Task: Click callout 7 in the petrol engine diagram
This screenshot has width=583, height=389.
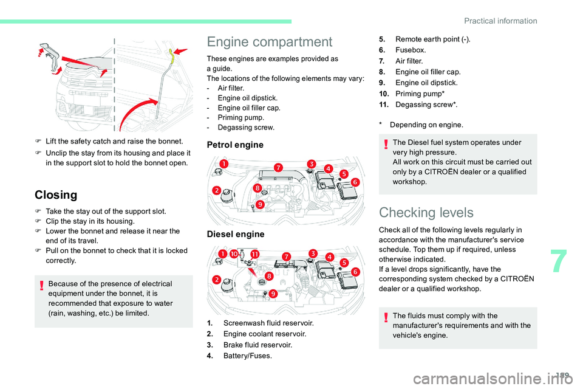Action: coord(278,167)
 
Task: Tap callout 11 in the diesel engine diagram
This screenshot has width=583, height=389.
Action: coord(254,253)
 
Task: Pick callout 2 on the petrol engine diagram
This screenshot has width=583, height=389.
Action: coord(216,191)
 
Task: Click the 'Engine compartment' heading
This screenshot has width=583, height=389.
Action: coord(269,42)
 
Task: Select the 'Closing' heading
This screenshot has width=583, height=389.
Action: coord(56,195)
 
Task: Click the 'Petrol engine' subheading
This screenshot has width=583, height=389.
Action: coord(235,145)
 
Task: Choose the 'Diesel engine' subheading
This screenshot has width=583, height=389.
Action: coord(236,234)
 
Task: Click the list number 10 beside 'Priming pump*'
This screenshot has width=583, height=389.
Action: coord(384,94)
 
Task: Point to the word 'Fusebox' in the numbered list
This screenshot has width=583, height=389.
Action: coord(411,50)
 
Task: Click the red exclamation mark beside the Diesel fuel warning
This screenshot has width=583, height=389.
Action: coord(386,143)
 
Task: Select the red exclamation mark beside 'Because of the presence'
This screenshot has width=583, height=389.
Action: coord(41,284)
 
